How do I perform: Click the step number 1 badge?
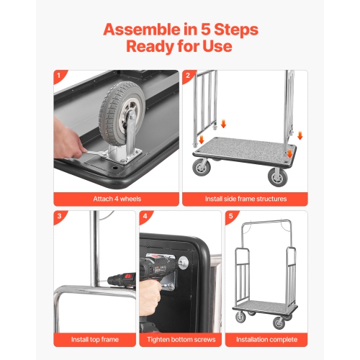[58, 75]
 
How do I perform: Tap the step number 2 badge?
[188, 75]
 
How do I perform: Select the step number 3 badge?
[58, 216]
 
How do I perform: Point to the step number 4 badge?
[145, 216]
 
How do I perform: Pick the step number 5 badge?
[230, 216]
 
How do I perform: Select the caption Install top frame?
[94, 338]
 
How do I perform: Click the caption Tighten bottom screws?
[180, 338]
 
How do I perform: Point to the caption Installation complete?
[266, 338]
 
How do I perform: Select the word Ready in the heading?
[151, 47]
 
